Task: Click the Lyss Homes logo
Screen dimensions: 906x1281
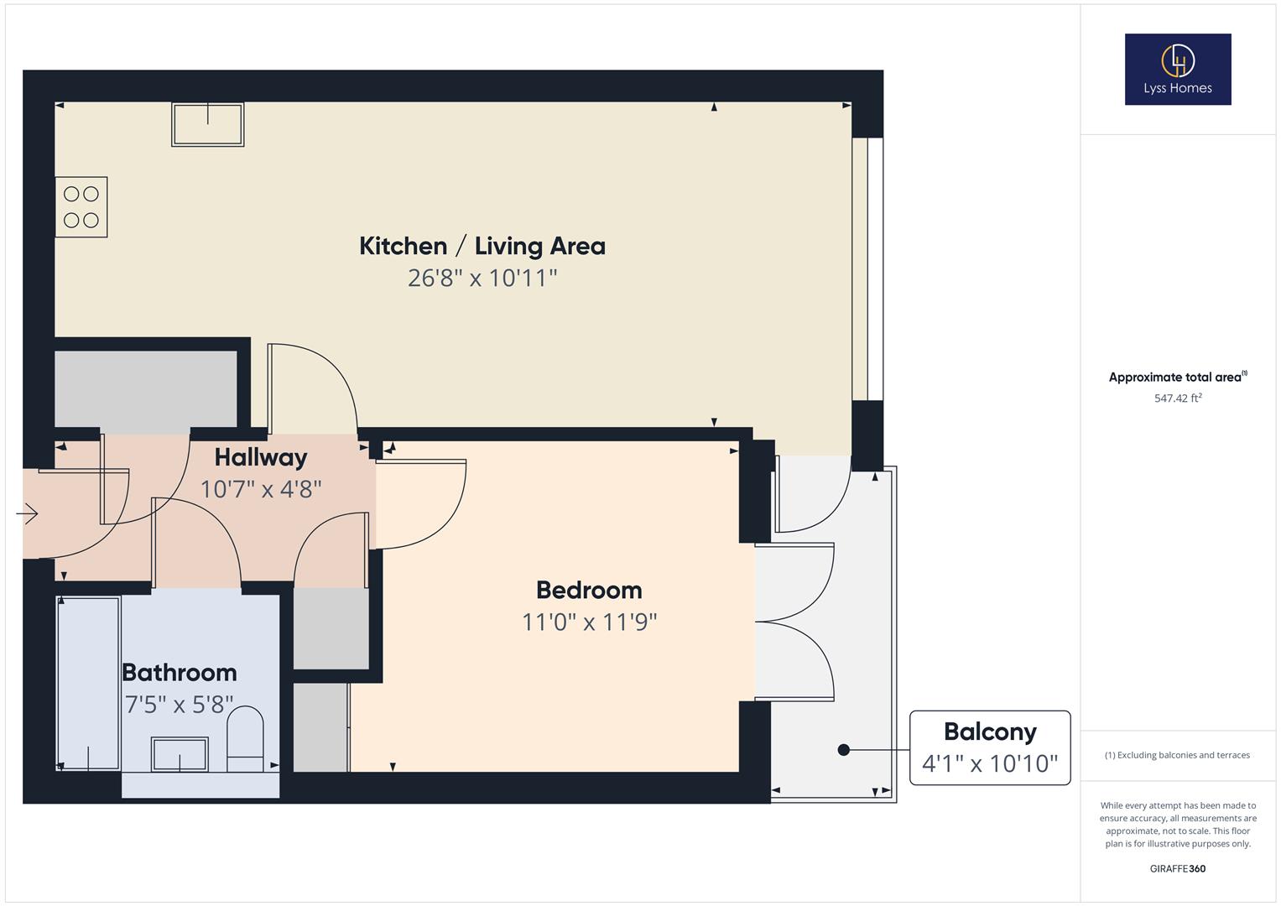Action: [1177, 69]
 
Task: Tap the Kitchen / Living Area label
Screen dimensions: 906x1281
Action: [482, 246]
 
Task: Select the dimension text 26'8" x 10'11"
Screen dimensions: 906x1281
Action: [482, 278]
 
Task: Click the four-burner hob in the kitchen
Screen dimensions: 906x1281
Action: [81, 207]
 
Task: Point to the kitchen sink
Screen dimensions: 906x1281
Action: [207, 124]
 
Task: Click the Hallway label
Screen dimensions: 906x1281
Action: [260, 457]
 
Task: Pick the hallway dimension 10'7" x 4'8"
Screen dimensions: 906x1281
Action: [260, 489]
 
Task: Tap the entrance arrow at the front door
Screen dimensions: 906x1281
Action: [28, 513]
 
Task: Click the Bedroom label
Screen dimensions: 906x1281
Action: [588, 590]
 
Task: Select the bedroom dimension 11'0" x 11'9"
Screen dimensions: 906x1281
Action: [588, 622]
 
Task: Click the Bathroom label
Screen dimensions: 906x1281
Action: [179, 673]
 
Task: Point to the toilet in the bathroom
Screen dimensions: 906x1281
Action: [245, 738]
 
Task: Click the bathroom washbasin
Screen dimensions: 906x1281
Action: [180, 754]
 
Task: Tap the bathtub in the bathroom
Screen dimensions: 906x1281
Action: [88, 683]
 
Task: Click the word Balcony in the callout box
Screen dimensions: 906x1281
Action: [990, 732]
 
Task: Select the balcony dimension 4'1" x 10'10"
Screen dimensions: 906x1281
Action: [990, 763]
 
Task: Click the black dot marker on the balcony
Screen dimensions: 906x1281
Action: [844, 750]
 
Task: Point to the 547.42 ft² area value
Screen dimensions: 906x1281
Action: [1177, 398]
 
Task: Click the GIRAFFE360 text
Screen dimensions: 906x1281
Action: [1177, 868]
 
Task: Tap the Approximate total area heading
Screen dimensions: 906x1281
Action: [1174, 377]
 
